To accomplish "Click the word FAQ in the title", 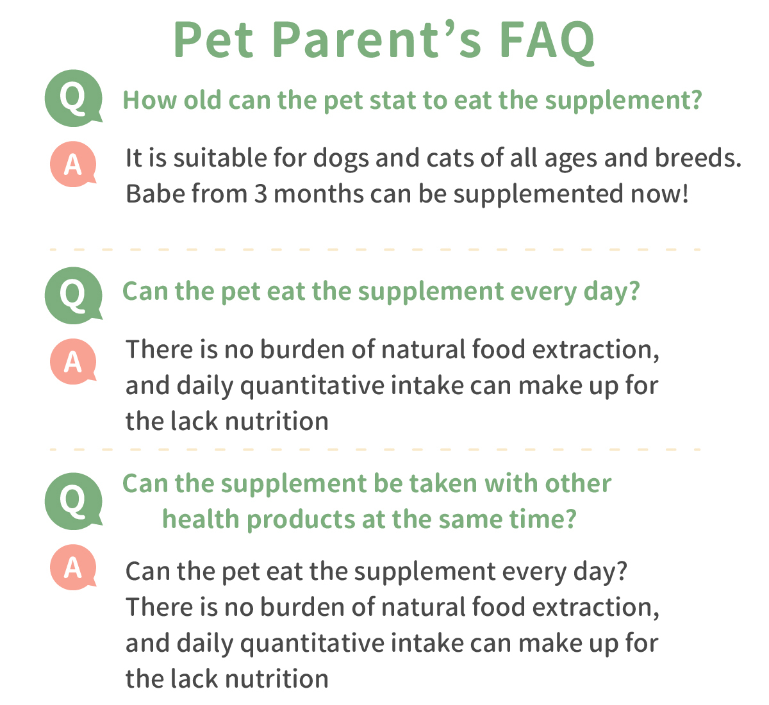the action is [x=547, y=40].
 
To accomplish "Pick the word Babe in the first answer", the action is [x=155, y=194].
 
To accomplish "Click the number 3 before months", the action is [x=260, y=194].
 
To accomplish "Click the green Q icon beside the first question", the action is [x=74, y=98].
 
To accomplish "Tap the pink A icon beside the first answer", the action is [x=73, y=164].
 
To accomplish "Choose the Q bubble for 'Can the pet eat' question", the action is [x=74, y=295].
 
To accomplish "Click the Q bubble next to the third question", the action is [x=74, y=501].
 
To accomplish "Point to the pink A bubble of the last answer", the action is [x=73, y=567].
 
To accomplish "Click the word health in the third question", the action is [x=201, y=519].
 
